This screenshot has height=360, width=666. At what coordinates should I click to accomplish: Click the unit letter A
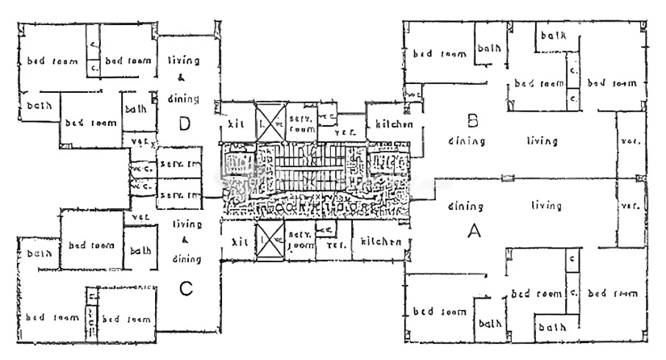coord(475,231)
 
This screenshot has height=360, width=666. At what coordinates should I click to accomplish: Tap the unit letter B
coord(474,121)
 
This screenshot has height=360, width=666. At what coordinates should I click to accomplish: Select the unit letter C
coord(186,287)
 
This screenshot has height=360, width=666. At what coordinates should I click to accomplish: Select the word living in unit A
coord(546,206)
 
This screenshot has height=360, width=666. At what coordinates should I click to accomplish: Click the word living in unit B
coord(542,141)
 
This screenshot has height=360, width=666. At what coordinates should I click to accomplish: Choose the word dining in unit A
coord(465,206)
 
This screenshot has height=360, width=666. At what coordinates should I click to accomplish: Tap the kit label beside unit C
coord(239,241)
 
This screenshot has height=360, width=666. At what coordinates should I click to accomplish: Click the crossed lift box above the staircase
coord(268,119)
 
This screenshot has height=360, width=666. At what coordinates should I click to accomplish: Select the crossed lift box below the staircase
coord(268,243)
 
